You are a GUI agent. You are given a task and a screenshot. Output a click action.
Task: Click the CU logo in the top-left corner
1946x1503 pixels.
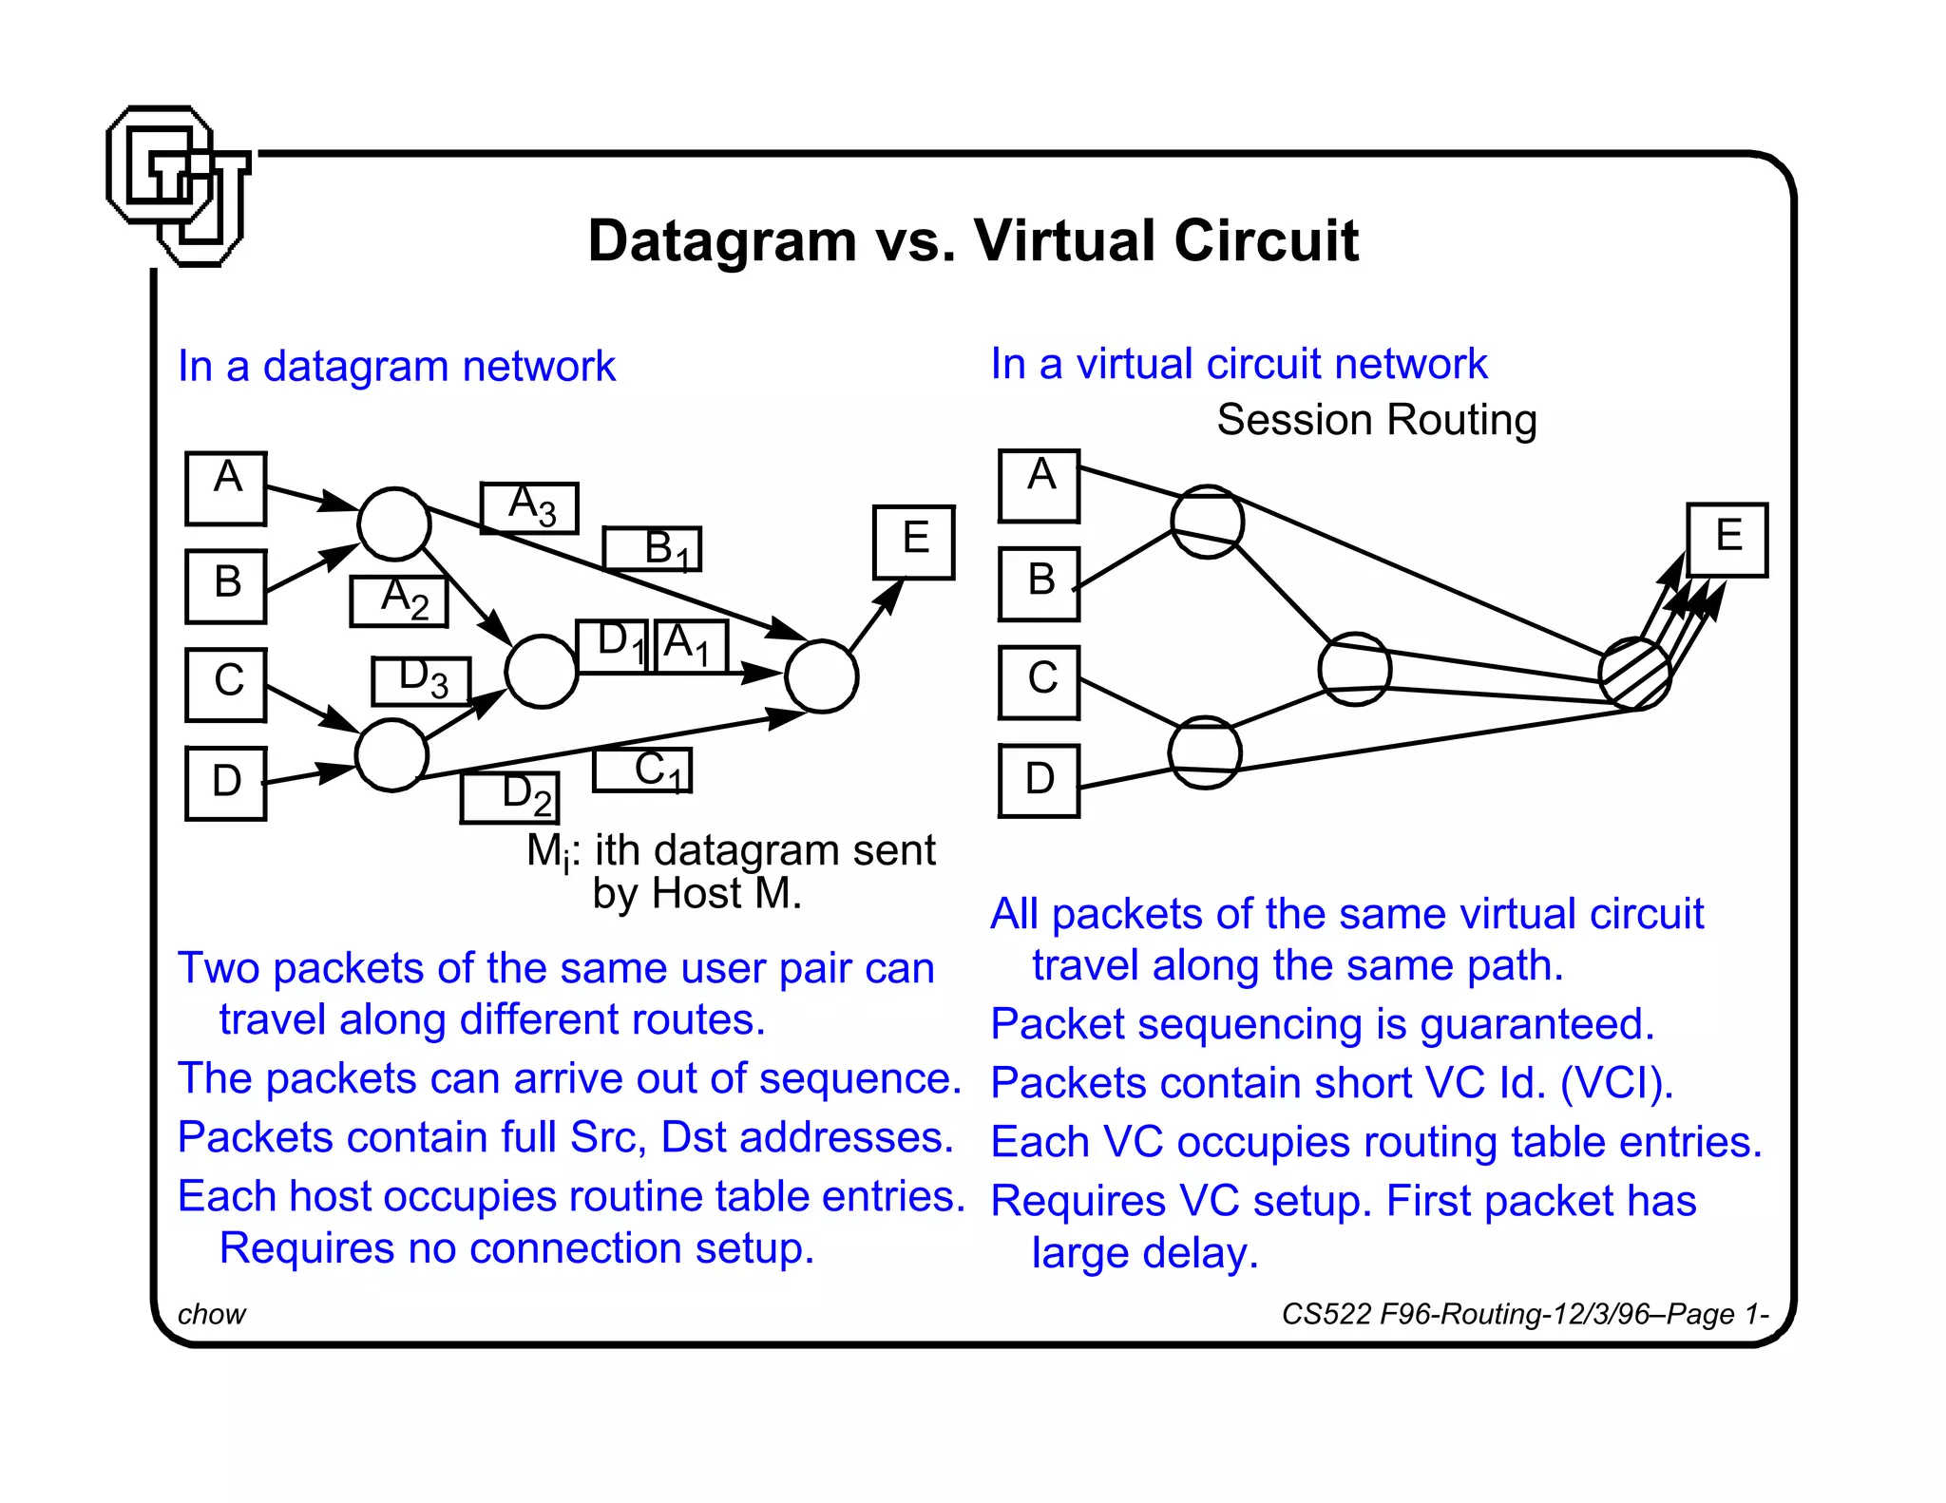(x=178, y=185)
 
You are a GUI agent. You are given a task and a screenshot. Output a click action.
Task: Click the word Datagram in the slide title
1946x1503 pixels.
(x=721, y=240)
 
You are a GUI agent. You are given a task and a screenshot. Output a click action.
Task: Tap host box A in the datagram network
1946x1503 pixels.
(x=226, y=488)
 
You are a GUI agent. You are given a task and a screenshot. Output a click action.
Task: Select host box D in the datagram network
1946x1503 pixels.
(x=226, y=783)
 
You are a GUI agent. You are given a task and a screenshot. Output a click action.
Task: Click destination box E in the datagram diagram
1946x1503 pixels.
(x=913, y=542)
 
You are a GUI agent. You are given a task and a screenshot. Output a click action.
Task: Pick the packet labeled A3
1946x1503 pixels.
(x=529, y=507)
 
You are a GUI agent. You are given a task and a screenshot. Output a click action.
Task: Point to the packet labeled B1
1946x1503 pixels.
(x=652, y=548)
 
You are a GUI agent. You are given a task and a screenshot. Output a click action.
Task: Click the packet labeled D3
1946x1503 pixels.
(x=421, y=681)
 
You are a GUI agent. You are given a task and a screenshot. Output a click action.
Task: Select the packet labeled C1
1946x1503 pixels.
(x=642, y=770)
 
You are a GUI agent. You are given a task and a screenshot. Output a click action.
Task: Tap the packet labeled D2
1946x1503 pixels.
(x=510, y=798)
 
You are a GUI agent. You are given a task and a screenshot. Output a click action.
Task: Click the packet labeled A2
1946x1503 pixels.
(x=399, y=601)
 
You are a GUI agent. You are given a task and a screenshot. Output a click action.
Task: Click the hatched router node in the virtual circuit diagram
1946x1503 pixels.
(x=1634, y=674)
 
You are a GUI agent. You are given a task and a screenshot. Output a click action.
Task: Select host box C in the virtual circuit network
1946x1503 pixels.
(x=1040, y=682)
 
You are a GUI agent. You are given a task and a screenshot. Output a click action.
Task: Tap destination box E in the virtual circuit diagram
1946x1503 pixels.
(x=1727, y=540)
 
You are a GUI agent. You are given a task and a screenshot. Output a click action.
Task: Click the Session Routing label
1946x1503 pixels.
(x=1376, y=420)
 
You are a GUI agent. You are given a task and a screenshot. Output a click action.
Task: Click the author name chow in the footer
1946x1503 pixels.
(x=212, y=1314)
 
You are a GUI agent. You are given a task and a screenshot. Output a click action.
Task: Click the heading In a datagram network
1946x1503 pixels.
(x=396, y=367)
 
